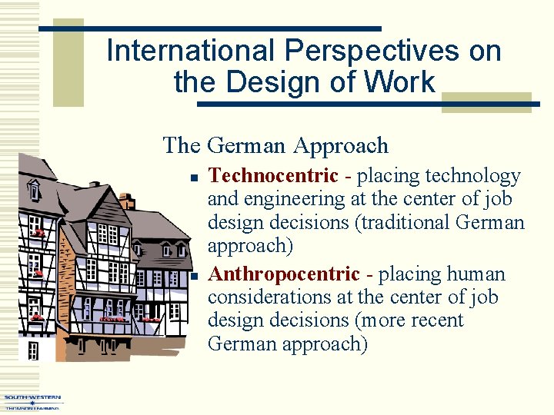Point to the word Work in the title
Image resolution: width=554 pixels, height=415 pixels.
(x=402, y=81)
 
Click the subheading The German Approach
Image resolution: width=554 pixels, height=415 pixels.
(x=275, y=144)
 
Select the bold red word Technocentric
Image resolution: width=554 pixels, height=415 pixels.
(x=273, y=176)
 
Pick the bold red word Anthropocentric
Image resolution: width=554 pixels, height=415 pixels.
(x=284, y=274)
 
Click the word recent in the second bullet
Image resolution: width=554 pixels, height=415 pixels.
(x=436, y=320)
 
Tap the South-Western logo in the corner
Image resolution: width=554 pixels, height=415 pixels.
(x=32, y=401)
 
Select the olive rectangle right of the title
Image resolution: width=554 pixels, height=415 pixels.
(x=486, y=103)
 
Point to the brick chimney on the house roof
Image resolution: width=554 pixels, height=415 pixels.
(x=127, y=201)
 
